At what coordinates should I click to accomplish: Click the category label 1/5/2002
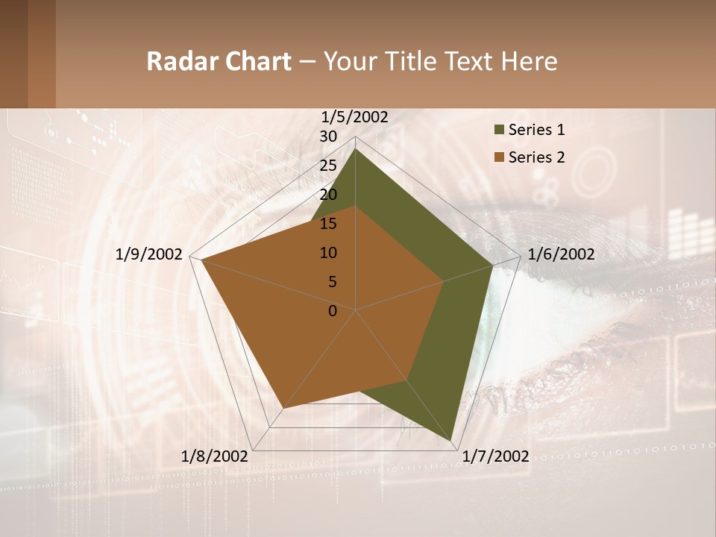pos(355,117)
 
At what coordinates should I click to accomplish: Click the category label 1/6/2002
pos(561,254)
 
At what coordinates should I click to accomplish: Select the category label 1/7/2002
pos(495,456)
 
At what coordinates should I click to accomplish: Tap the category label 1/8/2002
pos(215,456)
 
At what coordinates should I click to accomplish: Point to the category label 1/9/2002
pos(149,254)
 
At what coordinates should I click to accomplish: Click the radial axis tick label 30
pos(328,136)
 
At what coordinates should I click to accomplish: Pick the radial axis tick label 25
pos(328,166)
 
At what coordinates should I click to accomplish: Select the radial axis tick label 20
pos(328,195)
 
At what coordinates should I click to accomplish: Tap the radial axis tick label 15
pos(328,224)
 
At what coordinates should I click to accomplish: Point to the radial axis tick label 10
pos(328,253)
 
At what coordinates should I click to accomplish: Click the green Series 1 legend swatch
pos(499,130)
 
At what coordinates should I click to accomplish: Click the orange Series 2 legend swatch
pos(499,157)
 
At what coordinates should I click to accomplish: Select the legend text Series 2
pos(536,157)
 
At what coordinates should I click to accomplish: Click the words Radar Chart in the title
pos(219,61)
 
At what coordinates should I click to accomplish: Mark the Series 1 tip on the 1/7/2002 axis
pos(452,442)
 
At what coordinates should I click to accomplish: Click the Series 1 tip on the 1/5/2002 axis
pos(356,148)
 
